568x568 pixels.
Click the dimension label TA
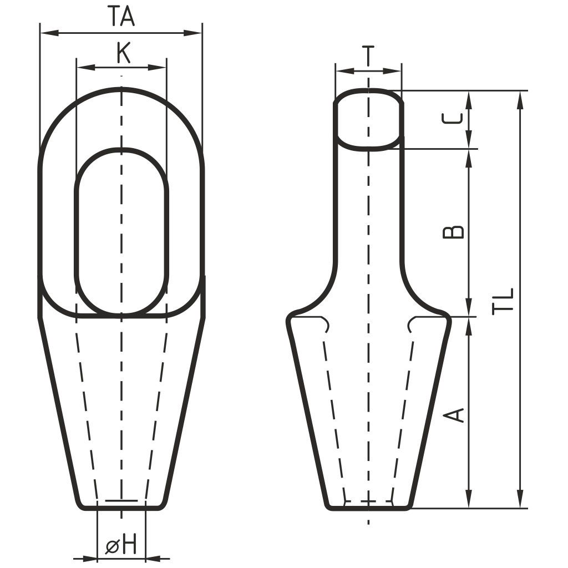tap(122, 17)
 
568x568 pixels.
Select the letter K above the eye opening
tap(124, 53)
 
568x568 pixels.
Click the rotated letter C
tap(453, 119)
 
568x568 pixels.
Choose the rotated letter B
tap(453, 232)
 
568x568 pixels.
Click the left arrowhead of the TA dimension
tap(49, 33)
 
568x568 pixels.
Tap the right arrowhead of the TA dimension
tap(193, 33)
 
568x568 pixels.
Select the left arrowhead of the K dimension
tap(85, 67)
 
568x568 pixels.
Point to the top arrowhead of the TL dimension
tap(520, 100)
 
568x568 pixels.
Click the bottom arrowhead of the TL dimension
tap(520, 499)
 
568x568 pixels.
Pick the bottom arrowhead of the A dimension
tap(469, 499)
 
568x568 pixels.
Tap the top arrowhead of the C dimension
tap(469, 100)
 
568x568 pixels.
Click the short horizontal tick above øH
tap(121, 500)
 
